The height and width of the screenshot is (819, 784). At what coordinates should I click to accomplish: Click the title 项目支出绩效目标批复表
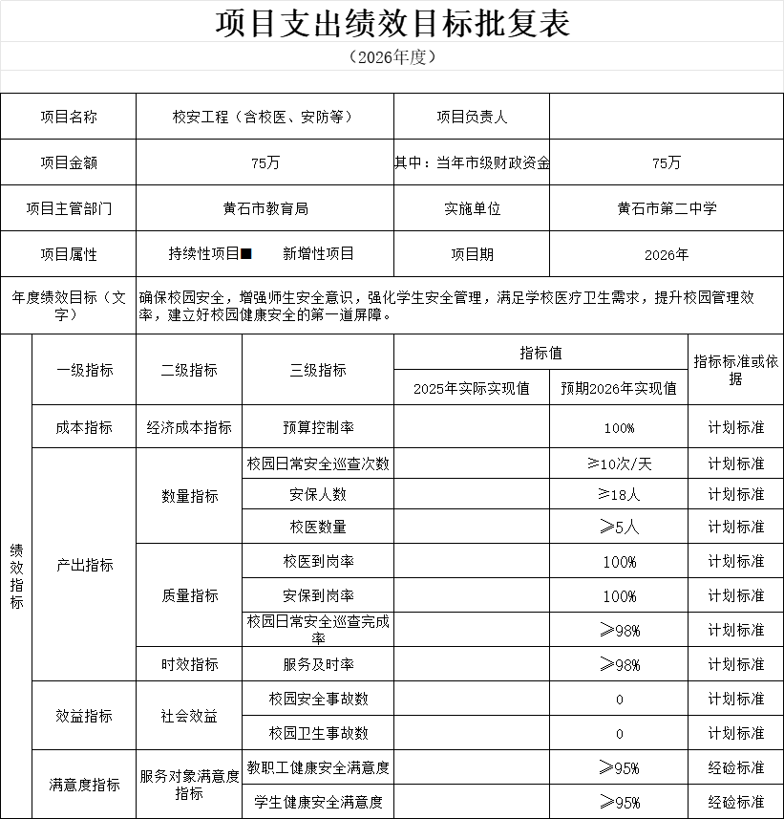point(392,22)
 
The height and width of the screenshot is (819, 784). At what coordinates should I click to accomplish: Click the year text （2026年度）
point(392,56)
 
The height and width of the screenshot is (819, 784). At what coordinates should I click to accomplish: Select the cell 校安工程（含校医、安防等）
point(265,117)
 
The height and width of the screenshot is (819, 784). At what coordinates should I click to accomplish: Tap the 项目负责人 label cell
point(472,117)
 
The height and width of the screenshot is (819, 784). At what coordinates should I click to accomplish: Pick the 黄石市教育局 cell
point(265,208)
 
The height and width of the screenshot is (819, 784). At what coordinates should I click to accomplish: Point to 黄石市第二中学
point(667,208)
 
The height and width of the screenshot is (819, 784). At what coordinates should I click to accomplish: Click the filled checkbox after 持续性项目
point(246,254)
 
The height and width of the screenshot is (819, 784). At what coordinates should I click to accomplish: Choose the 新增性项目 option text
point(318,254)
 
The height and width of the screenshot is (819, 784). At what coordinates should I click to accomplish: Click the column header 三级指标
point(318,370)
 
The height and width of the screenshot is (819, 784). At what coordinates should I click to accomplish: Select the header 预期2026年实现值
point(619,388)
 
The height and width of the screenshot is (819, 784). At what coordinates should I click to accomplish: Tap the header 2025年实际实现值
point(472,388)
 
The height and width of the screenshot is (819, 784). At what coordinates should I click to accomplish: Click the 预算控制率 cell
point(318,427)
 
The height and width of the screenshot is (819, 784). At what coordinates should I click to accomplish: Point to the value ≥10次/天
point(619,463)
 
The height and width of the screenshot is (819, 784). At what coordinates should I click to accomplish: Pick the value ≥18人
point(619,494)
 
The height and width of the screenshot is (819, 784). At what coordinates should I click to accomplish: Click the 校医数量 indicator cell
point(318,527)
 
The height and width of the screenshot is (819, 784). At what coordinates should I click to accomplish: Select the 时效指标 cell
point(189,664)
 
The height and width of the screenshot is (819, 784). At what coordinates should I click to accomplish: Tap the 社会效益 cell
point(189,716)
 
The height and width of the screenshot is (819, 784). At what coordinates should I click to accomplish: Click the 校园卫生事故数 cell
point(318,733)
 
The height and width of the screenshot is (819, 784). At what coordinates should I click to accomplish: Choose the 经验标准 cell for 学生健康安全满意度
point(735,802)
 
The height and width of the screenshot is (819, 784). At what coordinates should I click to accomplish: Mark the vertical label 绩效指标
point(16,576)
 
